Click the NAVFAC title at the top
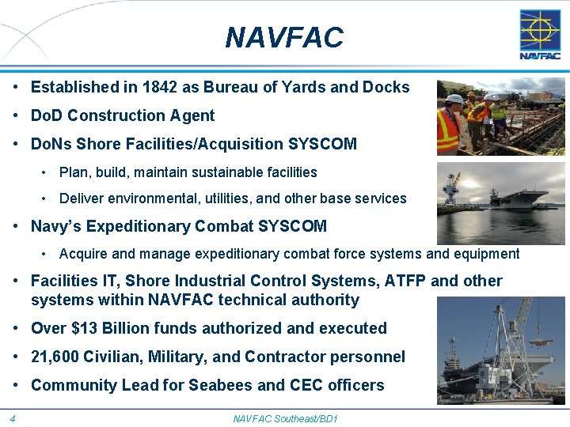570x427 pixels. click(284, 37)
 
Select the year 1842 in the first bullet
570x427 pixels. click(135, 87)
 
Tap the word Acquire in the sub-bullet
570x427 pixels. click(83, 254)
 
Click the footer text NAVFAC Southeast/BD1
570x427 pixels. click(285, 418)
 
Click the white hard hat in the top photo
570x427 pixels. click(454, 99)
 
